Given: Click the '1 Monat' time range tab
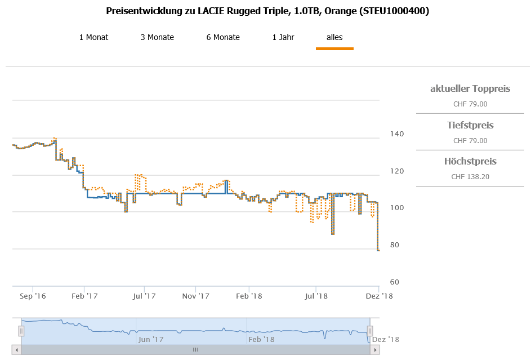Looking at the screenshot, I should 93,38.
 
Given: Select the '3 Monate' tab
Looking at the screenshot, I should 157,38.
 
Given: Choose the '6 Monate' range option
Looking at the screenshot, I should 223,38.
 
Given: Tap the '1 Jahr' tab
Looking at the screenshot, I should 283,38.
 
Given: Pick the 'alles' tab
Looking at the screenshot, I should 334,38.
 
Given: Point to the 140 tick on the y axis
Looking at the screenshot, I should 396,134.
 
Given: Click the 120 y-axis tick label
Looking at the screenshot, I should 396,171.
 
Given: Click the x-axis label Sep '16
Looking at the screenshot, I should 33,296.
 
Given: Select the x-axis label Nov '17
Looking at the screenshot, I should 197,296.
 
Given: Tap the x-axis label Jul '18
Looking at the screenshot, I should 317,296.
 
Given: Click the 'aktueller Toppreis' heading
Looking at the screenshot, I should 470,88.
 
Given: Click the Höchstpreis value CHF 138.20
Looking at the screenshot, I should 470,177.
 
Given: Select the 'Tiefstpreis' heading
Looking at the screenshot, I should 470,125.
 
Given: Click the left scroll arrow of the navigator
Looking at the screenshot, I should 16,350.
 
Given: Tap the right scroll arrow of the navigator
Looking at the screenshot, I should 374,350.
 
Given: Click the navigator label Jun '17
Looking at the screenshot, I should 151,339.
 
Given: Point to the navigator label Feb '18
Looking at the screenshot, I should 261,339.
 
